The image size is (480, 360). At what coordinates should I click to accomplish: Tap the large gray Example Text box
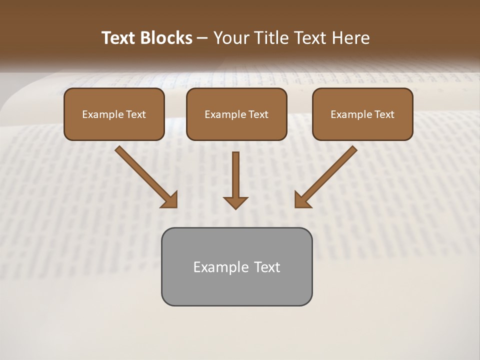pyautogui.click(x=236, y=285)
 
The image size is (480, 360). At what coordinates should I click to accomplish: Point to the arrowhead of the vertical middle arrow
pyautogui.click(x=235, y=202)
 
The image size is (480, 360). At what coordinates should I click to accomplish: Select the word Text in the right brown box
pyautogui.click(x=384, y=114)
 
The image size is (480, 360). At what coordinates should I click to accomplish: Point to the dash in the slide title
pyautogui.click(x=203, y=38)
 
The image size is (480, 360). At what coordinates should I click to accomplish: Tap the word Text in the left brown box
pyautogui.click(x=136, y=114)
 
